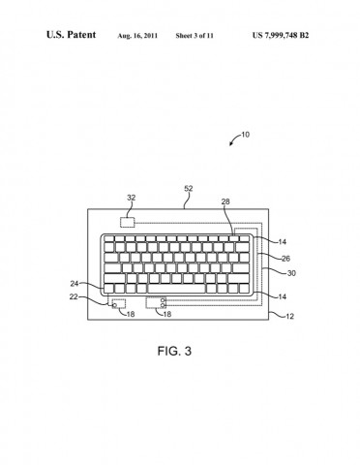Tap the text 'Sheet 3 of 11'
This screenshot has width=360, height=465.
pyautogui.click(x=195, y=36)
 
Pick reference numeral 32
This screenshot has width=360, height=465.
pyautogui.click(x=132, y=198)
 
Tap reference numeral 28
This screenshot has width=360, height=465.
pyautogui.click(x=225, y=203)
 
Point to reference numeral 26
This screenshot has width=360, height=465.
pyautogui.click(x=285, y=259)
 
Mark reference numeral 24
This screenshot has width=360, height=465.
pyautogui.click(x=75, y=284)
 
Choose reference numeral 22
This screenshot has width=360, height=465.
pyautogui.click(x=75, y=297)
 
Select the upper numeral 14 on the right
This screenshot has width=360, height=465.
pyautogui.click(x=282, y=240)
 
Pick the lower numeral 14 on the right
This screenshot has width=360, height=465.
pyautogui.click(x=282, y=296)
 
